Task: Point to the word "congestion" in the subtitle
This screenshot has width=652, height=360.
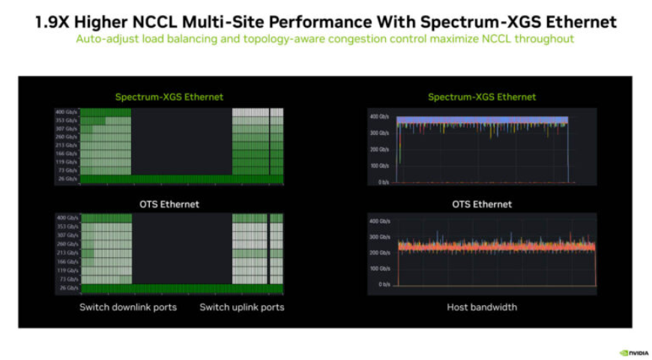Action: [x=374, y=38]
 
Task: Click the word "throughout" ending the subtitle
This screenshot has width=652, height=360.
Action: [x=546, y=38]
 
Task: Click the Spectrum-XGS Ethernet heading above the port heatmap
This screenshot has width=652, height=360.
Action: [x=169, y=97]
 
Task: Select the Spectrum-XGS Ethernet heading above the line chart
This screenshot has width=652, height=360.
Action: [x=482, y=97]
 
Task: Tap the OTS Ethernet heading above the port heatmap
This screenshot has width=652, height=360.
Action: [x=169, y=204]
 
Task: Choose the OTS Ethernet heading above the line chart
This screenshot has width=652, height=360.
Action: [x=482, y=204]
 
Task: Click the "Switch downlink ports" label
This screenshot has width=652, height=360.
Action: [x=128, y=307]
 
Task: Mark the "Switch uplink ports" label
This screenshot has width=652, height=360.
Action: [x=241, y=307]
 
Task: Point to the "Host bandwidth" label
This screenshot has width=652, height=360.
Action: [x=482, y=307]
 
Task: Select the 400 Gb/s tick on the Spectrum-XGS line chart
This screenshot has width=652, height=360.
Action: [x=378, y=117]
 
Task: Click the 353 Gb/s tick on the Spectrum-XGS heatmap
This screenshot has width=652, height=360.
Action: [x=66, y=120]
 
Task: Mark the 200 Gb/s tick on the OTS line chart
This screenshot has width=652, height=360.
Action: [x=378, y=253]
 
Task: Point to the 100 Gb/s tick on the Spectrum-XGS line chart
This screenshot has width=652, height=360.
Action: [x=378, y=166]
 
